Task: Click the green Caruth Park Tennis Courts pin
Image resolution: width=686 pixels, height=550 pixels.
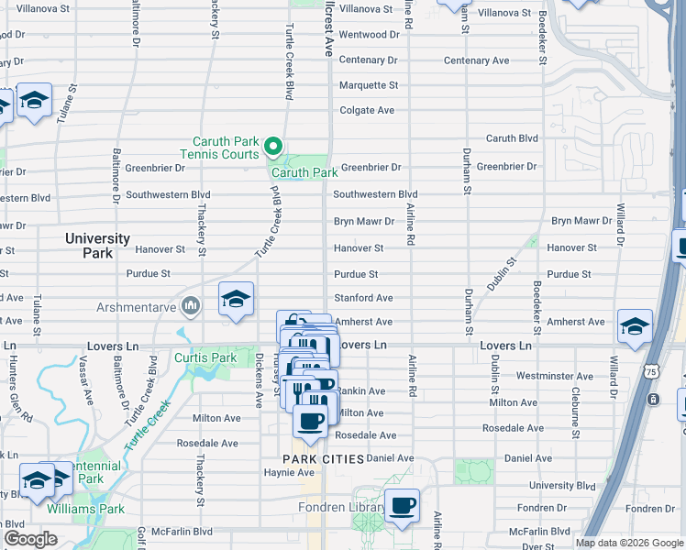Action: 272,147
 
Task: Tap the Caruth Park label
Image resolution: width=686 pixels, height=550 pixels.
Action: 304,172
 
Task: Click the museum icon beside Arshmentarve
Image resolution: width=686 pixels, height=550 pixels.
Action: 191,305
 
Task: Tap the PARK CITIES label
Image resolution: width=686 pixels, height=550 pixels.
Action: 324,458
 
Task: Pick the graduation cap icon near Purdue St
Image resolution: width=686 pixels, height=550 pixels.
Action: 236,300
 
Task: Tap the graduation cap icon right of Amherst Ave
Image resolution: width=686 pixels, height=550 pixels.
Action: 635,326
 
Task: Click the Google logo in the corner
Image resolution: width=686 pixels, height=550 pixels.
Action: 30,539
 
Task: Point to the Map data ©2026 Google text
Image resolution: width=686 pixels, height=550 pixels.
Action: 629,543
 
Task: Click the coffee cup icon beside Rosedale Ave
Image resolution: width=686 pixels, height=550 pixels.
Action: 309,423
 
